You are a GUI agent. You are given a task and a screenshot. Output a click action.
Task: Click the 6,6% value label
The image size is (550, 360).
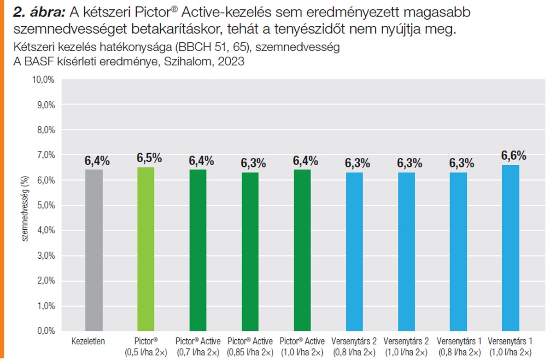tap(514, 156)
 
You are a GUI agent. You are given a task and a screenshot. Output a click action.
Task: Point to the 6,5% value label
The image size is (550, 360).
tap(149, 158)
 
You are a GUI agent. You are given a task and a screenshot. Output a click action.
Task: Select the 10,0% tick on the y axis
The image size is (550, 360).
tap(43, 80)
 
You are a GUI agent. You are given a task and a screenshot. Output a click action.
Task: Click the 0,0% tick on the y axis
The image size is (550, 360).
tap(45, 331)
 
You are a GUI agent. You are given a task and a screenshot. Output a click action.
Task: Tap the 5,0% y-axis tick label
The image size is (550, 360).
tap(45, 205)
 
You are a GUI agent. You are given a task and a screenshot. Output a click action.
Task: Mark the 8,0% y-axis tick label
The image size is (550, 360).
tap(45, 130)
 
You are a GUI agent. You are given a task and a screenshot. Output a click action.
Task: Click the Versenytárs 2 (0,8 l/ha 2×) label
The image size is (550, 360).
tap(354, 347)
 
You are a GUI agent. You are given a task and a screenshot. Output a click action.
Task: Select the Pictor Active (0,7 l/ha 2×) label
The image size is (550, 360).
tap(198, 347)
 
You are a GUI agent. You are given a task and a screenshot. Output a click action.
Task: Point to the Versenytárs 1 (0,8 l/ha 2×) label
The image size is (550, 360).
tap(459, 347)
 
